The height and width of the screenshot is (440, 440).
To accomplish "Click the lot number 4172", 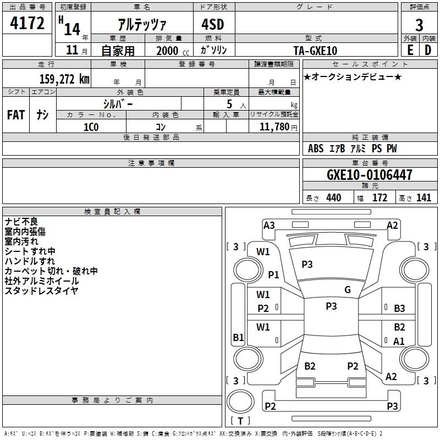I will click(28, 24).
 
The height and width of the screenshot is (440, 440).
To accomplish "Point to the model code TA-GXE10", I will click(315, 50).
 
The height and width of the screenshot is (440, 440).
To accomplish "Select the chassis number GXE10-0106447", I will click(369, 175).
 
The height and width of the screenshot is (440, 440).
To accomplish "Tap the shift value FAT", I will click(16, 115).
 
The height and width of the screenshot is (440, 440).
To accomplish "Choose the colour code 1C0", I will click(91, 126).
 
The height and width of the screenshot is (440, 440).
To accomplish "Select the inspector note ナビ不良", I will click(21, 221).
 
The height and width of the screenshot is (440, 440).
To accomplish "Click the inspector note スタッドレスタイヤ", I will click(41, 290).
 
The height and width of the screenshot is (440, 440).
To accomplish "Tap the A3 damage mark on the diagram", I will click(269, 225).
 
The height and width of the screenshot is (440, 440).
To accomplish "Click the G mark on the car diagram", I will click(348, 290).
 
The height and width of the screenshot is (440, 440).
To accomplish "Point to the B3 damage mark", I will click(399, 309).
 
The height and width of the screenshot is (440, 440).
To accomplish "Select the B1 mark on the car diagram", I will click(238, 338).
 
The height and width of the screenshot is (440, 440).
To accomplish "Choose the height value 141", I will click(424, 198).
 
